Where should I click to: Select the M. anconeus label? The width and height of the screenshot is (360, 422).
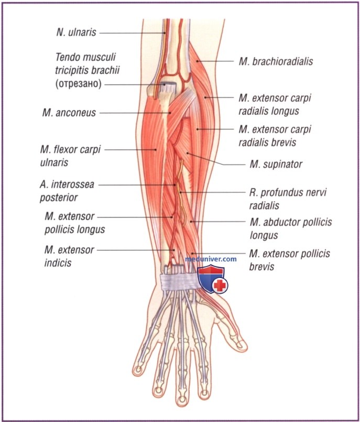(71, 112)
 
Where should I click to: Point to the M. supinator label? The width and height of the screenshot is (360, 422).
(269, 164)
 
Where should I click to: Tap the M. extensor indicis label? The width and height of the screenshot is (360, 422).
(69, 256)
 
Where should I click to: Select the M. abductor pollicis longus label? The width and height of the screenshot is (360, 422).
(290, 228)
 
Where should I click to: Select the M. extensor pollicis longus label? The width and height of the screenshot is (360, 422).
(75, 223)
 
